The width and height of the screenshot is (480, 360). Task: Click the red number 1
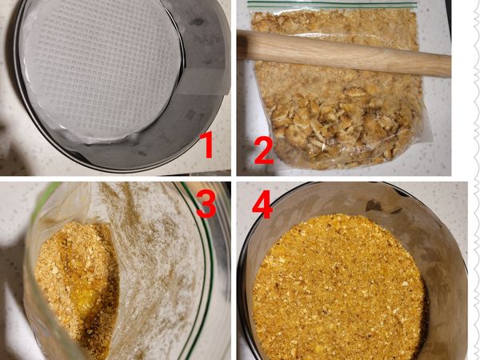tap(206, 147)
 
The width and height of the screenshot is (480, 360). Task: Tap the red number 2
tap(264, 150)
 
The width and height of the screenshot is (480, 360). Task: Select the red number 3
tap(206, 204)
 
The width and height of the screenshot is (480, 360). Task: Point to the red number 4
tap(262, 205)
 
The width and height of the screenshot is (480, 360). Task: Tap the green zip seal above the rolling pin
tap(336, 5)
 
